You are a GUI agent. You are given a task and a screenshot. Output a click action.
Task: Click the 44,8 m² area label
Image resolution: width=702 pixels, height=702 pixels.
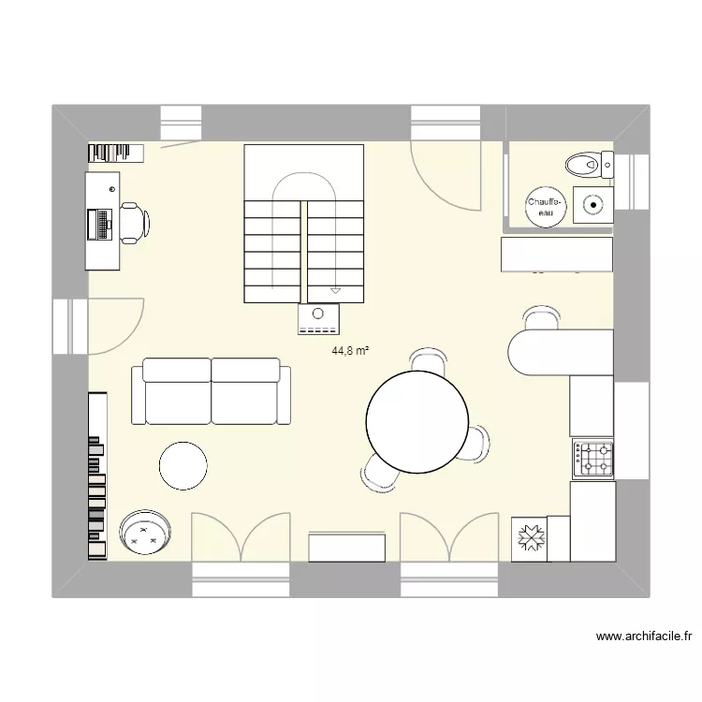pyautogui.click(x=350, y=351)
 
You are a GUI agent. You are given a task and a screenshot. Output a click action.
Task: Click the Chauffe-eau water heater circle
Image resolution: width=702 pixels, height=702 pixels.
pyautogui.click(x=545, y=207)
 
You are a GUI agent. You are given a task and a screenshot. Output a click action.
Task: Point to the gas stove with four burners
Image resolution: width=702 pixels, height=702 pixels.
pyautogui.click(x=593, y=459)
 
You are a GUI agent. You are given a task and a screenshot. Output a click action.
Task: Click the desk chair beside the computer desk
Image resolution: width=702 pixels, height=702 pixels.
pyautogui.click(x=132, y=223)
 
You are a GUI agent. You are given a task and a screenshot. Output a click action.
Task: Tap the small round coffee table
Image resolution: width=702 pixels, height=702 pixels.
pyautogui.click(x=183, y=465)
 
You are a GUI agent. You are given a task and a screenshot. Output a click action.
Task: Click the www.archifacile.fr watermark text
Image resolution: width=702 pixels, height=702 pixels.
pyautogui.click(x=644, y=636)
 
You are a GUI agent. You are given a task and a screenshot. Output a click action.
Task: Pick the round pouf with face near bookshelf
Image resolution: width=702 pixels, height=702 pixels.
pyautogui.click(x=146, y=533)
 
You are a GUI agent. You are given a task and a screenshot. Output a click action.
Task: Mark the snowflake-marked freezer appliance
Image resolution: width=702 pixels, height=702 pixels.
pyautogui.click(x=530, y=539)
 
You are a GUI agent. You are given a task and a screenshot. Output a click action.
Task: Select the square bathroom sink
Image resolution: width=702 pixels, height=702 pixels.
pyautogui.click(x=592, y=201)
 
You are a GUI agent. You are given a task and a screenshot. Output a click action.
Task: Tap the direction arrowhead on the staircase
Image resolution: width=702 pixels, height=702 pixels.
pyautogui.click(x=335, y=291)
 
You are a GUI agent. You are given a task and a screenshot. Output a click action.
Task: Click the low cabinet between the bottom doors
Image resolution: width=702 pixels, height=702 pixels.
pyautogui.click(x=346, y=547)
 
